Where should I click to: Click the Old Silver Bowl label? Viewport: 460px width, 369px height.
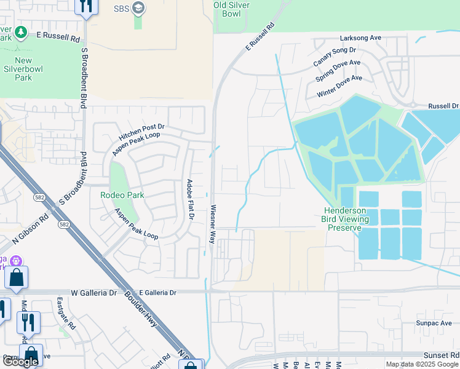pos(236,9)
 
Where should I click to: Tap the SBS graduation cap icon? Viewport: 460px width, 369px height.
pos(138,8)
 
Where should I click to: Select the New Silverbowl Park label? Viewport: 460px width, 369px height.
pos(23,69)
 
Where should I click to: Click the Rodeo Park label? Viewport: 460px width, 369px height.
pos(122,195)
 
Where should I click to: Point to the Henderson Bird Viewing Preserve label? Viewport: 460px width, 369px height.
pos(346,219)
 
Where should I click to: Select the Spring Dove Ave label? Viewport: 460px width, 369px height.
pos(338,71)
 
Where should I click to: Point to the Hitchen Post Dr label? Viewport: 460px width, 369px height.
pos(142,127)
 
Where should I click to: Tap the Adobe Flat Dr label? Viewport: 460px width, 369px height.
pos(191,199)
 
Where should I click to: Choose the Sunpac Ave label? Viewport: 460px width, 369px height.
pos(434,322)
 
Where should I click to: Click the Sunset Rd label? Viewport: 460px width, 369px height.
pos(441,355)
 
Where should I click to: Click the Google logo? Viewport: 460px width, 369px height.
pos(20,361)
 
